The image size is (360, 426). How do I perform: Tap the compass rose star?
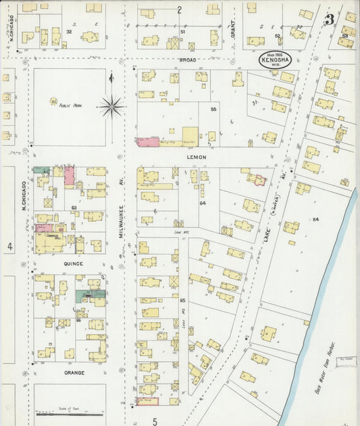click(111, 105)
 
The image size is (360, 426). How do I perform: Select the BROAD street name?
click(187, 60)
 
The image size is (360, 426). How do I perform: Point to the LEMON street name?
click(197, 157)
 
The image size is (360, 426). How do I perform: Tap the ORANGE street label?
click(74, 373)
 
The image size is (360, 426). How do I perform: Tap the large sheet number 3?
click(329, 20)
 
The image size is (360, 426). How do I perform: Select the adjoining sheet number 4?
click(9, 247)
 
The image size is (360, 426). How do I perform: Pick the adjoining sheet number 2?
click(180, 9)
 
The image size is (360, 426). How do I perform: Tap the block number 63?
click(74, 208)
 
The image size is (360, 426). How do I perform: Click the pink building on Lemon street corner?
click(147, 142)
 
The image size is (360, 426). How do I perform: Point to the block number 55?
click(213, 109)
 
